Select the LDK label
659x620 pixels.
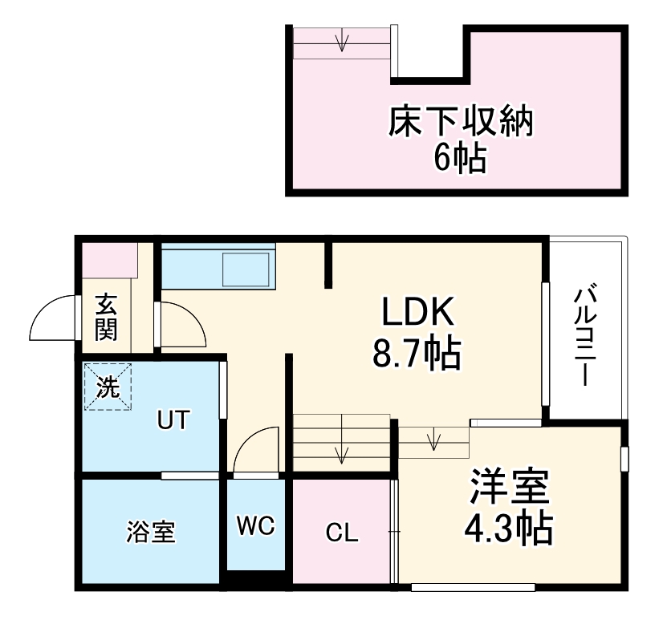[x=418, y=313]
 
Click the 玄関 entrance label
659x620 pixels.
[x=107, y=318]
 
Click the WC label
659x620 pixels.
[x=256, y=526]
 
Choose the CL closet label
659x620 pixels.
[x=342, y=533]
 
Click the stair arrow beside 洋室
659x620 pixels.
[x=434, y=440]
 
